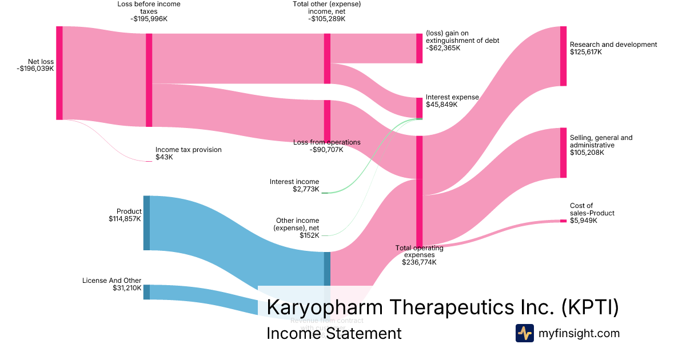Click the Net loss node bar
coord(59,73)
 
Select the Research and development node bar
coord(563,56)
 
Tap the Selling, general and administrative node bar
coord(563,153)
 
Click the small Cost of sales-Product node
coord(563,221)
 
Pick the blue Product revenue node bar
coord(146,223)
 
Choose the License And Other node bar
coord(146,292)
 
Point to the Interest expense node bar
coord(419,107)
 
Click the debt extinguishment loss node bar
coord(419,48)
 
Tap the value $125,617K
coord(586,52)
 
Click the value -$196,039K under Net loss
coord(35,69)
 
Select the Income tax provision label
coord(188,150)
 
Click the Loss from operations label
coord(327,142)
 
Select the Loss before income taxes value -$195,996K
coord(149,19)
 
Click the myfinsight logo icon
coord(524,333)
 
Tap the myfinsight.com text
coord(579,333)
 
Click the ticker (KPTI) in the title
coord(590,307)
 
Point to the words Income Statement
coord(334,333)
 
